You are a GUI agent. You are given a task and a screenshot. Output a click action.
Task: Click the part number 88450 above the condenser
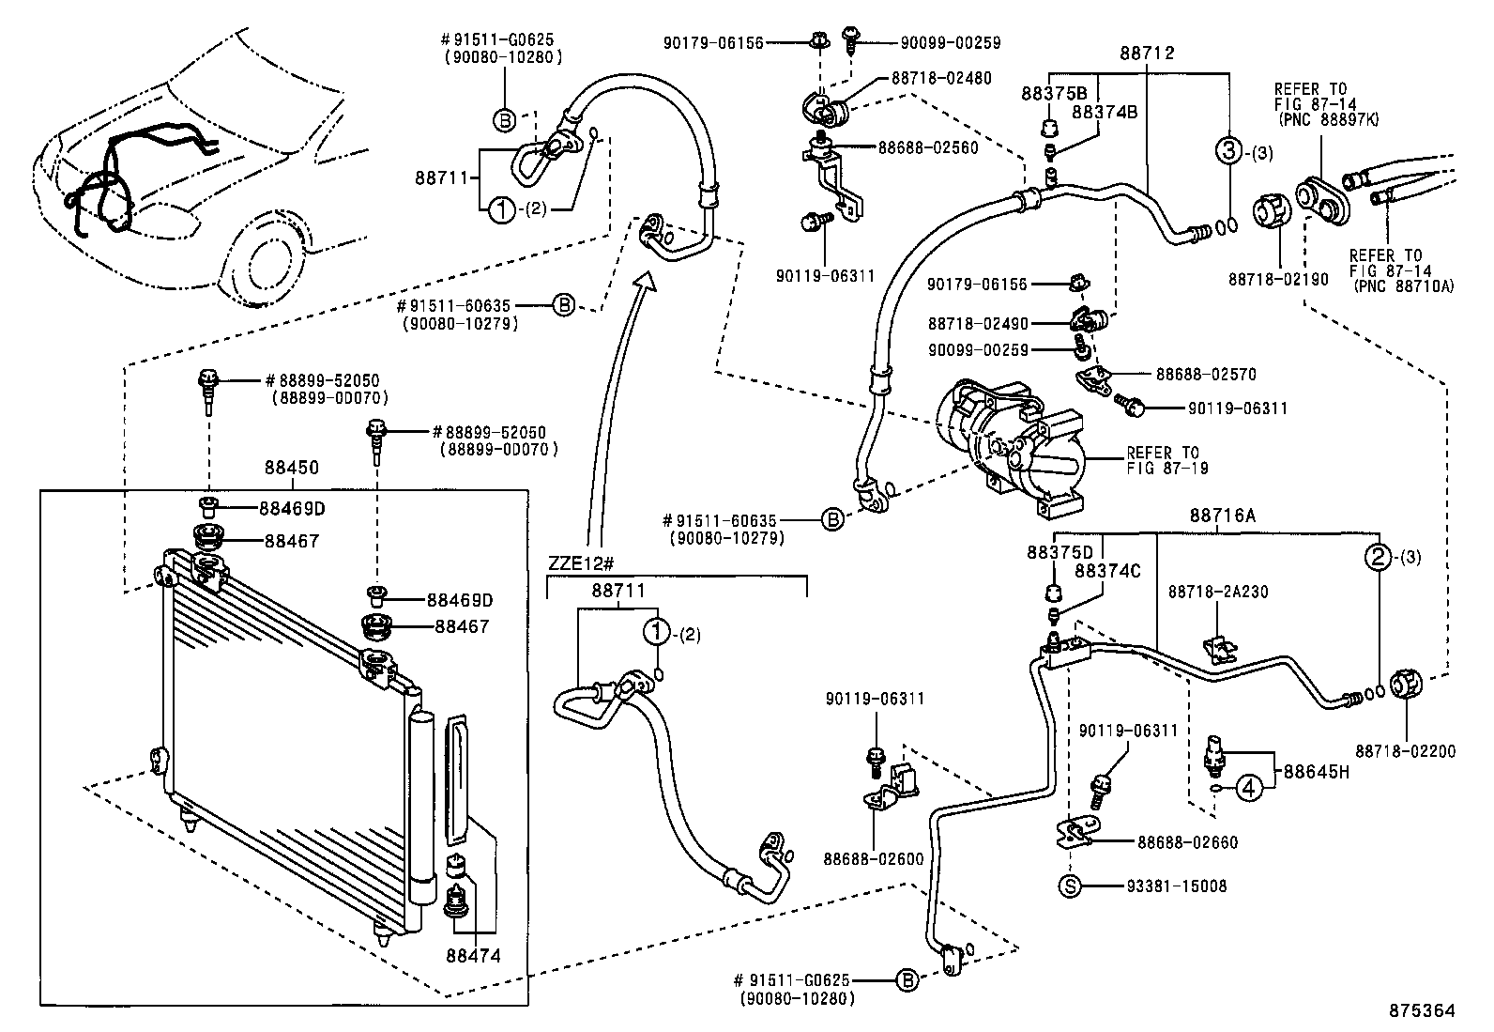[291, 467]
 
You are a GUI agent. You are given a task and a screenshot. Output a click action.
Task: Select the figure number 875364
[1424, 1011]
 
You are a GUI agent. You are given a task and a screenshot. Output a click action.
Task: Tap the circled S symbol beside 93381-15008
[1071, 886]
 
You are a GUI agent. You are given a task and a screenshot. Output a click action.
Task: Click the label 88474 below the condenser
[474, 957]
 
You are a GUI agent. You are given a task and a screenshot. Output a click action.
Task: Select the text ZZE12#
[581, 563]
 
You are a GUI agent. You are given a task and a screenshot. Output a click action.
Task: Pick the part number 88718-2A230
[1217, 592]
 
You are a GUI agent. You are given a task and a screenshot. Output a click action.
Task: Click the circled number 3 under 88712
[1228, 150]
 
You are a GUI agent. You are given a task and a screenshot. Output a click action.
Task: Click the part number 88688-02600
[874, 858]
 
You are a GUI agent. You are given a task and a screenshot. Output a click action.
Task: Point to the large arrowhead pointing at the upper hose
[646, 283]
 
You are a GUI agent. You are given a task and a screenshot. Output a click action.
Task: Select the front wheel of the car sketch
[266, 262]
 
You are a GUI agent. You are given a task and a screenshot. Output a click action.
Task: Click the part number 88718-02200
[1405, 750]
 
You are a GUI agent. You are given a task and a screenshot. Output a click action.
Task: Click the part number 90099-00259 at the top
[950, 42]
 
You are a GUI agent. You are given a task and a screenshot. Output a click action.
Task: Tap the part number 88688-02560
[928, 147]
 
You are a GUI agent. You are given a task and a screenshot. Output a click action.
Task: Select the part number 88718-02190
[1278, 279]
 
